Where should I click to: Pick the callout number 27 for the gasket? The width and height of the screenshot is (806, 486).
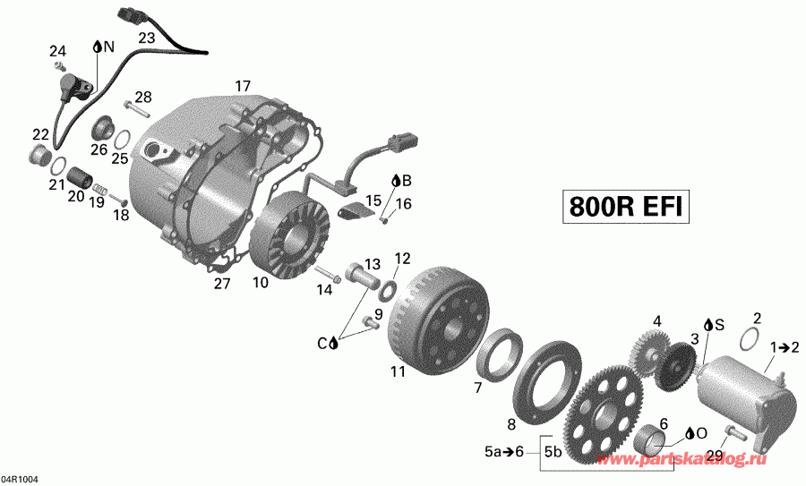click(221, 284)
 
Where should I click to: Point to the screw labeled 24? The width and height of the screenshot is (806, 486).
click(60, 67)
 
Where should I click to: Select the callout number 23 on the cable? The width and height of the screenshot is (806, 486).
click(146, 38)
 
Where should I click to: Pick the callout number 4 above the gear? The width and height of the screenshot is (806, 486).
click(656, 320)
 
